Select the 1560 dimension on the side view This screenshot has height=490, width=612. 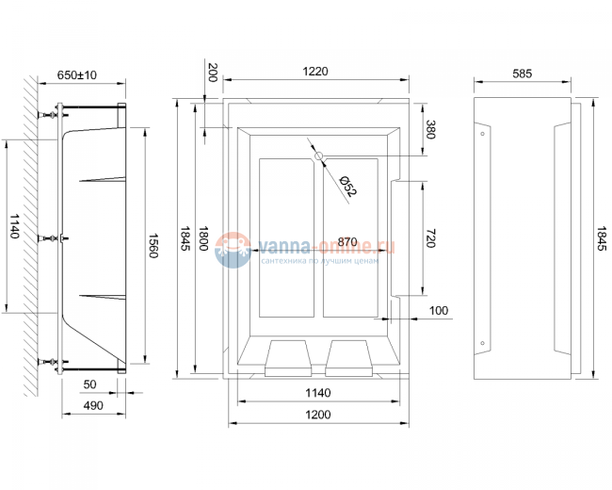point(153,247)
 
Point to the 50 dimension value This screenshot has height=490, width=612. point(90,384)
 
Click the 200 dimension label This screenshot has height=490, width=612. point(211,72)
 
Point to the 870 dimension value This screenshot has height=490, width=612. point(347,242)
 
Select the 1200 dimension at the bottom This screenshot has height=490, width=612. point(317,416)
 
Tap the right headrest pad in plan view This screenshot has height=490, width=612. point(349,356)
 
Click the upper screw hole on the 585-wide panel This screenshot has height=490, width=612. point(483,134)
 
